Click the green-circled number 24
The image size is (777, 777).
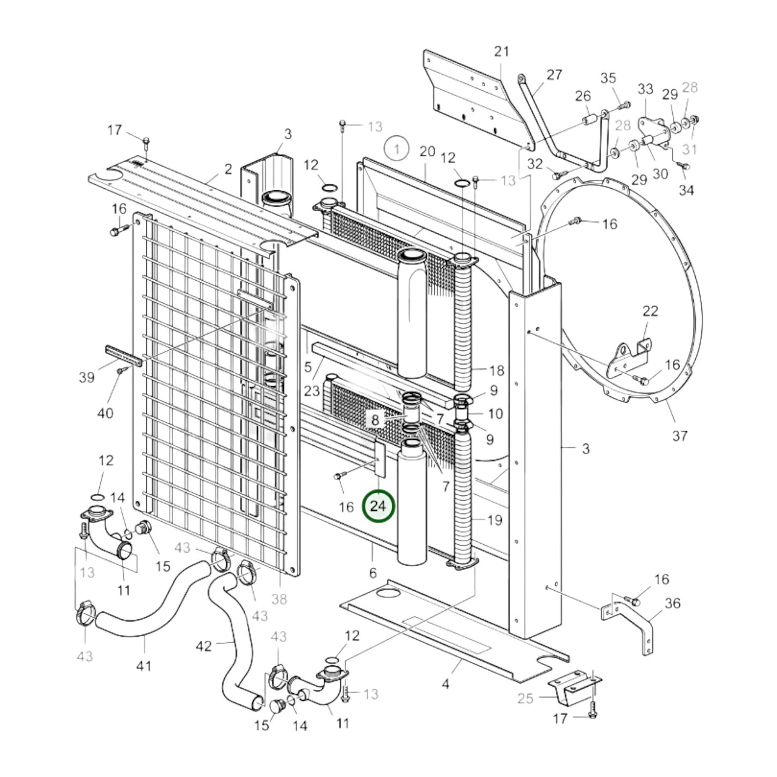379,506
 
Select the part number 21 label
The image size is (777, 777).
501,52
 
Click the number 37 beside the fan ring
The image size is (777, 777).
680,435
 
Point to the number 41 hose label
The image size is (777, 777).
144,666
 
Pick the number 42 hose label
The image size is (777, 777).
203,645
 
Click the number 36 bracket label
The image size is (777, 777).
673,603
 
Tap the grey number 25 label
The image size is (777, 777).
525,698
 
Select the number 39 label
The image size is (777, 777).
87,377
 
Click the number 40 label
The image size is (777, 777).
105,413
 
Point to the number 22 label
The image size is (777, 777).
650,311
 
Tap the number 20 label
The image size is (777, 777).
427,151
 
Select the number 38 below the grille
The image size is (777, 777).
279,598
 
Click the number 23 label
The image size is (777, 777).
312,390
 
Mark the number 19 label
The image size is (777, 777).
495,520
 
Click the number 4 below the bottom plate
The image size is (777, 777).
445,684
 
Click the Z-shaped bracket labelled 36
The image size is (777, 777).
635,618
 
